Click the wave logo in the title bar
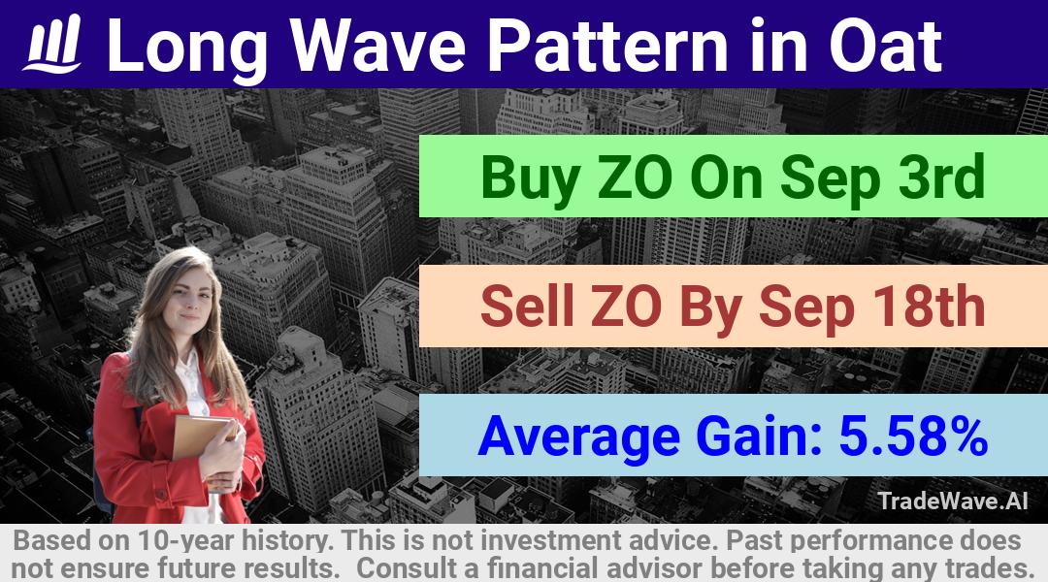[52, 44]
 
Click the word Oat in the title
[885, 46]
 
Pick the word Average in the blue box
[578, 436]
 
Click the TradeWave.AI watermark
[953, 501]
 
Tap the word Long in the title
[188, 47]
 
